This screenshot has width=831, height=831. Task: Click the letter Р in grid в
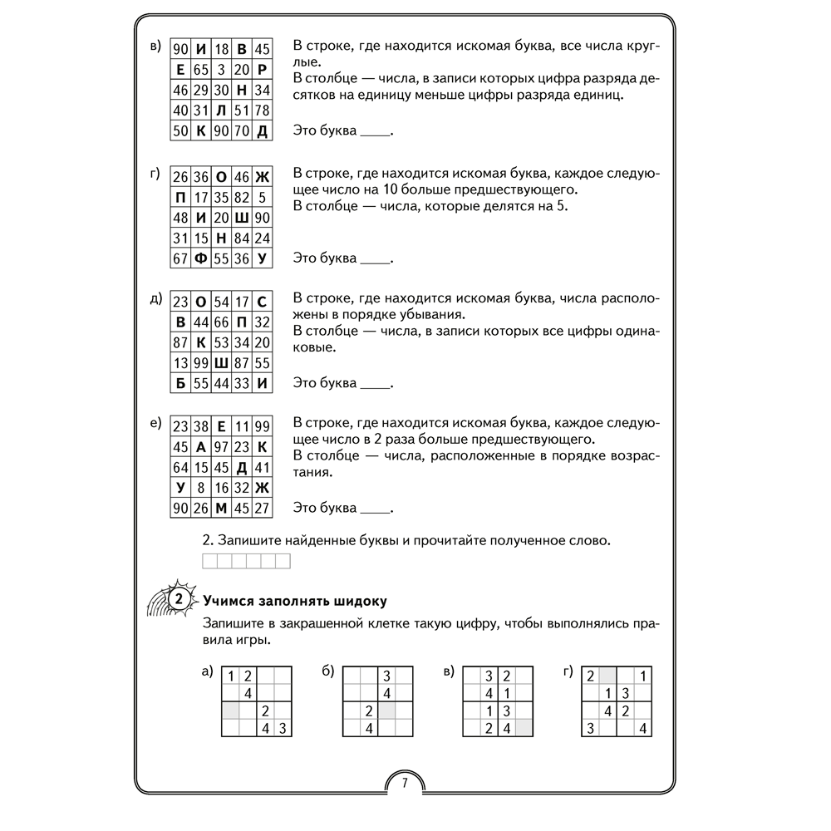(262, 69)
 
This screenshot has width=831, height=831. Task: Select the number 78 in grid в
(262, 111)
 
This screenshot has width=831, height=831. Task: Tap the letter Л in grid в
(220, 111)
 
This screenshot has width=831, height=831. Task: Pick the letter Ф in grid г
(199, 258)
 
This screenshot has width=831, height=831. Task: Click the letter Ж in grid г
(262, 177)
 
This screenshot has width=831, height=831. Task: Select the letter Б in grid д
(179, 384)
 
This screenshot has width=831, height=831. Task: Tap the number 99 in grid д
(199, 363)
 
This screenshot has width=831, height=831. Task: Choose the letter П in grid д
(241, 322)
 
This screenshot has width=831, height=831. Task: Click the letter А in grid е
(199, 446)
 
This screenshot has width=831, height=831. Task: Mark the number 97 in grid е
(220, 446)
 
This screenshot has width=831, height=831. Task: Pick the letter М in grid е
(220, 509)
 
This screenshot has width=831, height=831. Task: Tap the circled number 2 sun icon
(178, 599)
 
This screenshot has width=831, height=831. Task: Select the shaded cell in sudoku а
(229, 711)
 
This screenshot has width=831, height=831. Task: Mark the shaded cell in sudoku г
(608, 676)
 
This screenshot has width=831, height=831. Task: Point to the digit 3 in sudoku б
(386, 676)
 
